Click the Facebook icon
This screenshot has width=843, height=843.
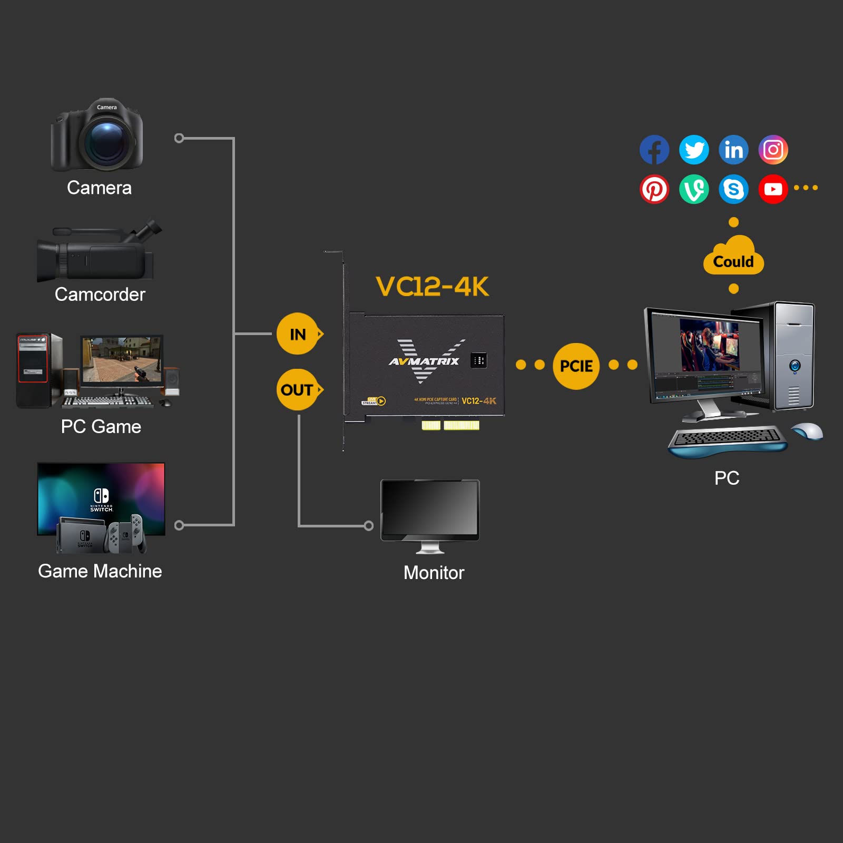pos(654,150)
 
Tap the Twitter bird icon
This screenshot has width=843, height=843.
pos(694,150)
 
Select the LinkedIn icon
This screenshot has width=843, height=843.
pos(733,150)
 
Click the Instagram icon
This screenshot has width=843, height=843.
pos(773,150)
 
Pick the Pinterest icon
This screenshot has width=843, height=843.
pos(654,189)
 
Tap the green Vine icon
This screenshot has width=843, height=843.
pos(694,189)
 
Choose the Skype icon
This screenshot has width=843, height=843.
pos(733,189)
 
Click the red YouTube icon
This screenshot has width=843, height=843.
pos(773,189)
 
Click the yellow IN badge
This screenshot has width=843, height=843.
pos(298,334)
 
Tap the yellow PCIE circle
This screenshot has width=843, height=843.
pos(576,366)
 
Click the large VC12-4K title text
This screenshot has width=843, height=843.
pos(432,287)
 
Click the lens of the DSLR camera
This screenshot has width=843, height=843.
pos(107,141)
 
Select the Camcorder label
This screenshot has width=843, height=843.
pos(100,295)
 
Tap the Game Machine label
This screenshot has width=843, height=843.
pos(100,571)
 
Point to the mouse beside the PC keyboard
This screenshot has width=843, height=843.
pos(807,430)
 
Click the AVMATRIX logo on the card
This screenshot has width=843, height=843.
pos(424,361)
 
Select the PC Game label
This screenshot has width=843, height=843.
pos(101,426)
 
